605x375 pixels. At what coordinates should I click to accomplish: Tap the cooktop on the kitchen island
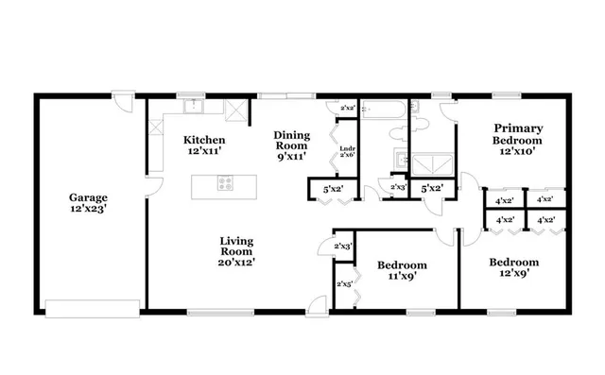226,185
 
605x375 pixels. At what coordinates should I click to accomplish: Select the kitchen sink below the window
192,105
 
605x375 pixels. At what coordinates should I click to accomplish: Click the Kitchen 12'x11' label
204,145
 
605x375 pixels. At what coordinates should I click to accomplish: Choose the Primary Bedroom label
515,138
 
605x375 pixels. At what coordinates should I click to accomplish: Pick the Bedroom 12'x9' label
513,267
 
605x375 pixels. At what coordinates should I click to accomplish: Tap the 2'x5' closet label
344,283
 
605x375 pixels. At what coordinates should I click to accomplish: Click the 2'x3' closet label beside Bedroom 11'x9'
344,247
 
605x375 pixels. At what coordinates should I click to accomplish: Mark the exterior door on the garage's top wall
123,97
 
